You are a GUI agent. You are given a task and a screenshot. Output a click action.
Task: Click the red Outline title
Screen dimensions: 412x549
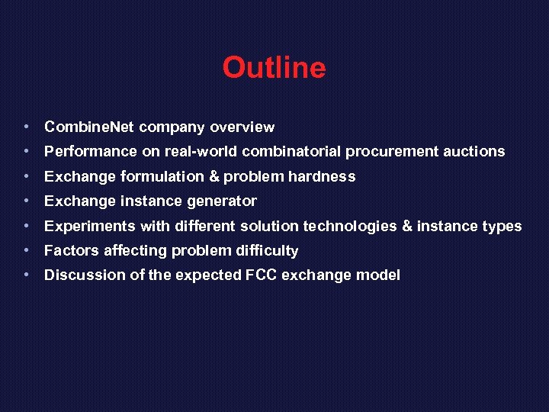(x=274, y=69)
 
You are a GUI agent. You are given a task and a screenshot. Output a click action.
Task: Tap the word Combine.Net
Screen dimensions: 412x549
(x=89, y=127)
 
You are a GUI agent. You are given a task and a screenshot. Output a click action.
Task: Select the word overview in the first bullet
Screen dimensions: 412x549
(x=242, y=127)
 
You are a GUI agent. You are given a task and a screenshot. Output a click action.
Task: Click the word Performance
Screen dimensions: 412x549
(x=91, y=151)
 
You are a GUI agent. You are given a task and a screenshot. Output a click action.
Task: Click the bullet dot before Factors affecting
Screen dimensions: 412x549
(x=27, y=249)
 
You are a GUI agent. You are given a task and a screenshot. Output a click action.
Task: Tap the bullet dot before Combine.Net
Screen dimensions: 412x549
(x=27, y=126)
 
